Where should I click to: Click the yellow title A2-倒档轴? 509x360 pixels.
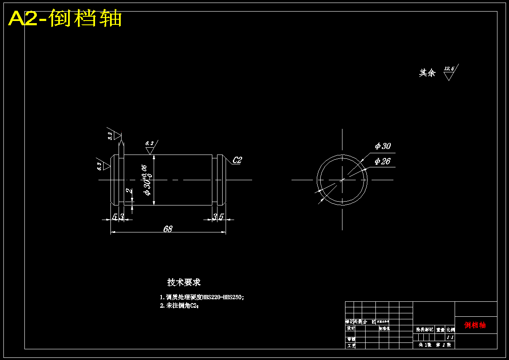pyautogui.click(x=65, y=19)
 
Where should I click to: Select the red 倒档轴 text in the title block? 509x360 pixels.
pyautogui.click(x=475, y=325)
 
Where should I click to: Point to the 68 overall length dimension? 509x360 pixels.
pyautogui.click(x=168, y=229)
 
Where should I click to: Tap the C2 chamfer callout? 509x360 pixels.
pyautogui.click(x=237, y=160)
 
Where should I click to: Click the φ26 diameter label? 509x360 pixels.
pyautogui.click(x=382, y=161)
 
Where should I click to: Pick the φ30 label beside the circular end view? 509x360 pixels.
pyautogui.click(x=382, y=146)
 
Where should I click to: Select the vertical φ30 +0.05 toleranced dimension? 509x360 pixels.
pyautogui.click(x=146, y=180)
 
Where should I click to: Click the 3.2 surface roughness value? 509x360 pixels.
pyautogui.click(x=110, y=136)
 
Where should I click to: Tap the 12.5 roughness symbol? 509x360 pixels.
pyautogui.click(x=449, y=69)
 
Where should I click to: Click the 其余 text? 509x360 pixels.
pyautogui.click(x=427, y=73)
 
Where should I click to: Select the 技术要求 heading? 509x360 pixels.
pyautogui.click(x=184, y=283)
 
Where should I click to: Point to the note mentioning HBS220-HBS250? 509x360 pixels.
pyautogui.click(x=202, y=297)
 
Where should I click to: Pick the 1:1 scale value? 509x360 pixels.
pyautogui.click(x=450, y=337)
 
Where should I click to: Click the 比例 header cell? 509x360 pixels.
pyautogui.click(x=450, y=330)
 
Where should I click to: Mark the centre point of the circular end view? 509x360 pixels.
pyautogui.click(x=342, y=180)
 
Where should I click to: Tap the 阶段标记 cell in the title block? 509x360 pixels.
pyautogui.click(x=425, y=330)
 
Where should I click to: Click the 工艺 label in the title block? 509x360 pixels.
pyautogui.click(x=351, y=345)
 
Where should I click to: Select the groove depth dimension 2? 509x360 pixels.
pyautogui.click(x=128, y=191)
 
